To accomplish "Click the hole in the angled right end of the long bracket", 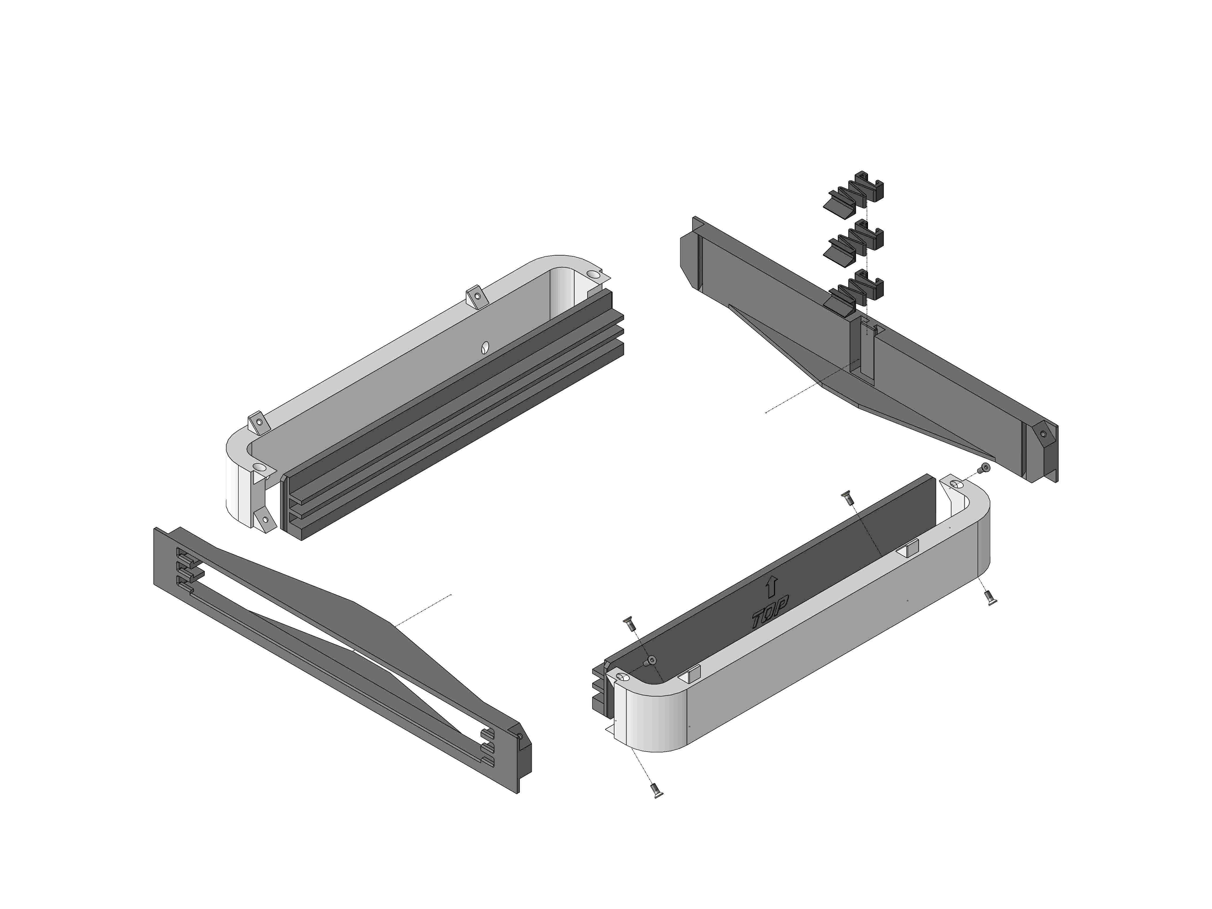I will [x=1043, y=434].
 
